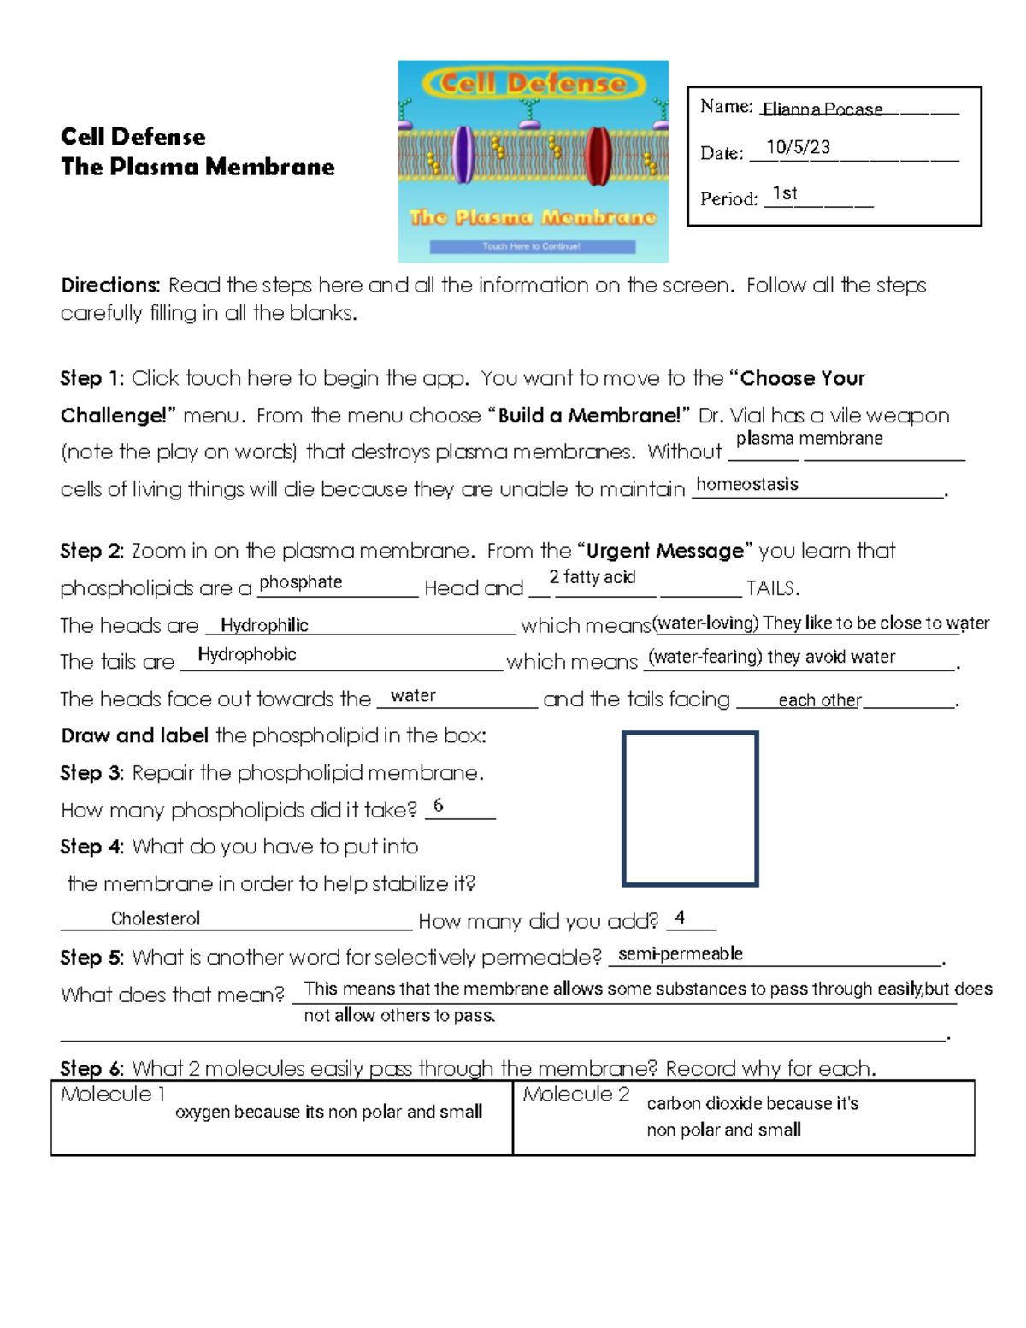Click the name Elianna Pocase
(x=822, y=109)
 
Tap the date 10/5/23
(x=798, y=147)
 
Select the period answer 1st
(x=784, y=193)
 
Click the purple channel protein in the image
(x=463, y=154)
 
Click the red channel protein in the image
(x=597, y=154)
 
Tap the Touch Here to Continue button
(x=532, y=246)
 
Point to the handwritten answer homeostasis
(x=747, y=484)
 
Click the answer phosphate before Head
(x=300, y=582)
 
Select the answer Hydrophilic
(x=264, y=625)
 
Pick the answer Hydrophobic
(x=247, y=654)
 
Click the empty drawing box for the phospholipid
(x=690, y=808)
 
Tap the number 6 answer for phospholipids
(x=439, y=805)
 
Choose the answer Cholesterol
(x=156, y=918)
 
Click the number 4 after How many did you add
(x=680, y=918)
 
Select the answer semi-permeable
(x=681, y=953)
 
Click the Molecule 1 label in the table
(x=113, y=1094)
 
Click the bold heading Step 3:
(x=92, y=773)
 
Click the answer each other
(x=819, y=700)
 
